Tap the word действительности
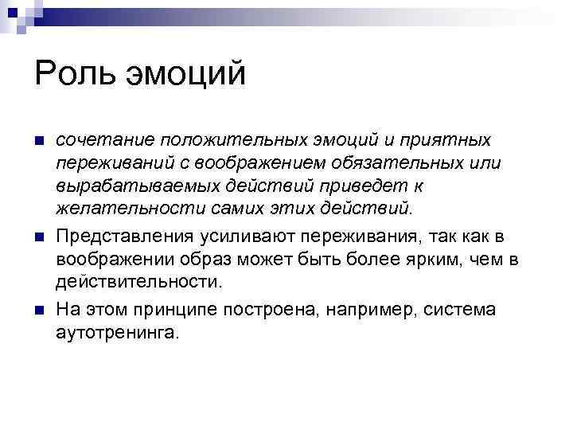click(136, 281)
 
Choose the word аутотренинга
click(119, 332)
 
